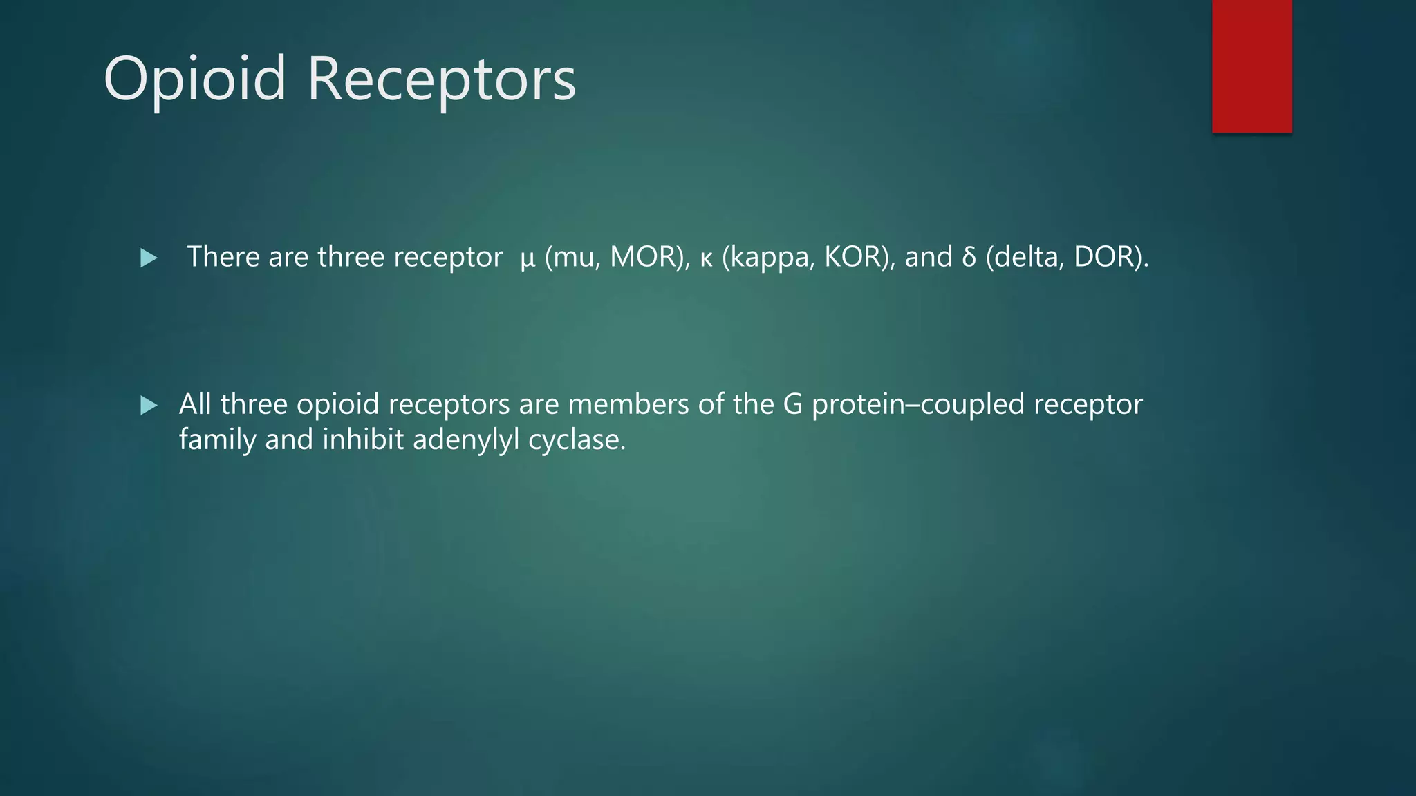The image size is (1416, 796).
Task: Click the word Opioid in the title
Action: point(194,79)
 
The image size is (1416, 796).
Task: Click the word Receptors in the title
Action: point(441,79)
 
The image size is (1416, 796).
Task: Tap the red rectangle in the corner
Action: point(1251,66)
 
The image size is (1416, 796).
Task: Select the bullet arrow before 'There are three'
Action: point(149,258)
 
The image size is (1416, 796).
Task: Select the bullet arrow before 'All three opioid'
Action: point(149,405)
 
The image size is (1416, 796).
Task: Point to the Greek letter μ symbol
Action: point(528,258)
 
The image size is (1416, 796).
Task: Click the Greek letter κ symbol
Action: point(706,258)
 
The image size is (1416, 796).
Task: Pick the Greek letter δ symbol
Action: point(968,257)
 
